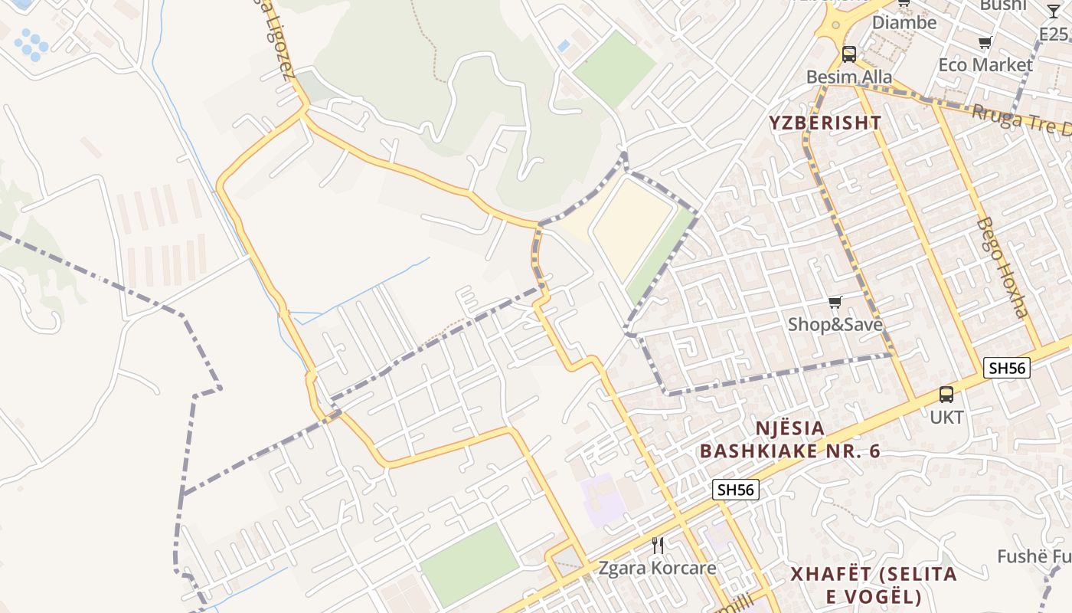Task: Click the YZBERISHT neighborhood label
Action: coord(825,123)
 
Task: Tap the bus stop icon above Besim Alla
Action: coord(848,54)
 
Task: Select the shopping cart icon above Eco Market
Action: coord(985,42)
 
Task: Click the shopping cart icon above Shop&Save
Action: coord(835,303)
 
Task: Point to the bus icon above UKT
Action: coord(946,395)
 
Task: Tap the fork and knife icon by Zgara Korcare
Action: coord(657,545)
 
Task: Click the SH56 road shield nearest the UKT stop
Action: coord(1007,368)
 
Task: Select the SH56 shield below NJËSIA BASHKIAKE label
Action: coord(736,490)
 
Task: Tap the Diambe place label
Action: coord(904,22)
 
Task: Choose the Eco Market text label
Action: coord(985,65)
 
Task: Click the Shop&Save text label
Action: coord(835,325)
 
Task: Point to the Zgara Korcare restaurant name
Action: coord(657,568)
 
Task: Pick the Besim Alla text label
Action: coord(849,77)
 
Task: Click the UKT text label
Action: coord(946,418)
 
